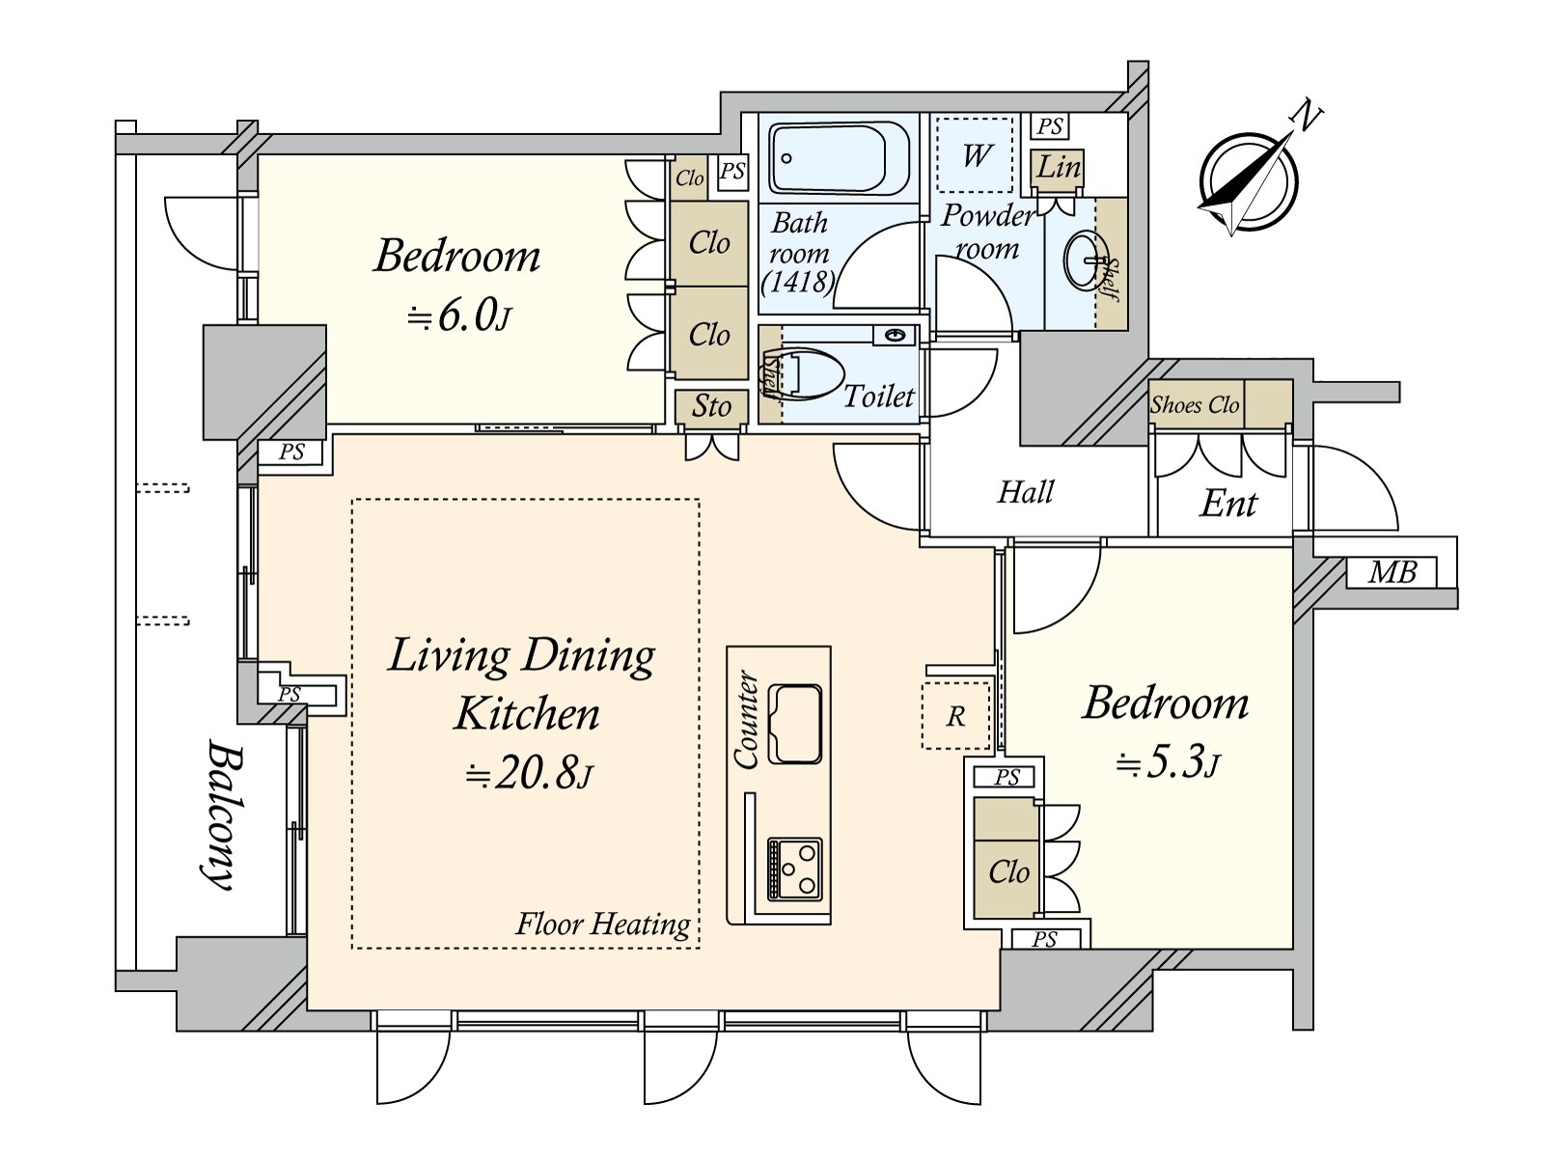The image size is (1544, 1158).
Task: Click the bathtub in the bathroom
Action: point(839,158)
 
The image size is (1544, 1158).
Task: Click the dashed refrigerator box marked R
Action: point(955,716)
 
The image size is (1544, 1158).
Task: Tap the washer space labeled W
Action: point(975,154)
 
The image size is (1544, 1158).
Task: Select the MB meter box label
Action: point(1392,573)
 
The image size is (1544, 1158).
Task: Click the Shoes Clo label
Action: point(1195,405)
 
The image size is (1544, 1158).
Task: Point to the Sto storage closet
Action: point(711,407)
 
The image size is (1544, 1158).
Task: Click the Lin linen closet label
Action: point(1058,167)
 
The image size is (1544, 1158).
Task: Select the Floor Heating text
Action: point(603,924)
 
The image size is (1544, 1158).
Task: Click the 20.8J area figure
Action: point(530,773)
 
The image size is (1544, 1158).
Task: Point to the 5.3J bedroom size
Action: point(1168,763)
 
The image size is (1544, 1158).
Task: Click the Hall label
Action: point(1026,492)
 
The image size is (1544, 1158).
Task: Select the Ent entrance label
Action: point(1228,504)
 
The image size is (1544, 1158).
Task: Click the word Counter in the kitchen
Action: point(746,719)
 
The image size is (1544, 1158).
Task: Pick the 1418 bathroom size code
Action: point(798,283)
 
